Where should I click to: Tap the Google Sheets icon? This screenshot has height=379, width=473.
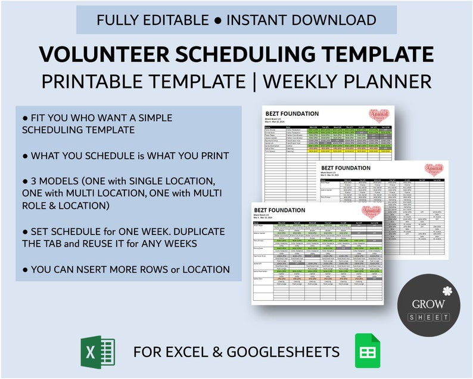[367, 352]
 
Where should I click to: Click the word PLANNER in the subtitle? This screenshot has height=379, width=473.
[395, 82]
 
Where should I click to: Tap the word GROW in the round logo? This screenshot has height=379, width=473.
[429, 304]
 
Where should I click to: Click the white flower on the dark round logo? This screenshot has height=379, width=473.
[447, 291]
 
